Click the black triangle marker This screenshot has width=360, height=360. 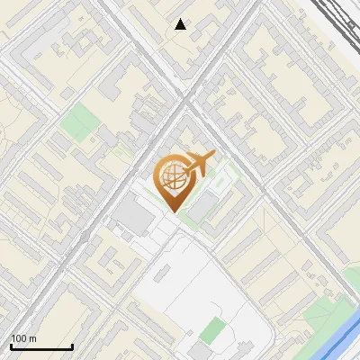(181, 24)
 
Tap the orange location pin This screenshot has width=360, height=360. (174, 181)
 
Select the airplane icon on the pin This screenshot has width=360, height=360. (200, 165)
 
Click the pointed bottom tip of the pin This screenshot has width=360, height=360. (173, 211)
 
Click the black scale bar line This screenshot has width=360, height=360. (41, 346)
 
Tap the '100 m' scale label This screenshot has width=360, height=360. (23, 338)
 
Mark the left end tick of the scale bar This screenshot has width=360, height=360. (11, 346)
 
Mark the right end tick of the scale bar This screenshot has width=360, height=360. (72, 346)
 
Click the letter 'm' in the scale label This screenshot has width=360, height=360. (31, 338)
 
